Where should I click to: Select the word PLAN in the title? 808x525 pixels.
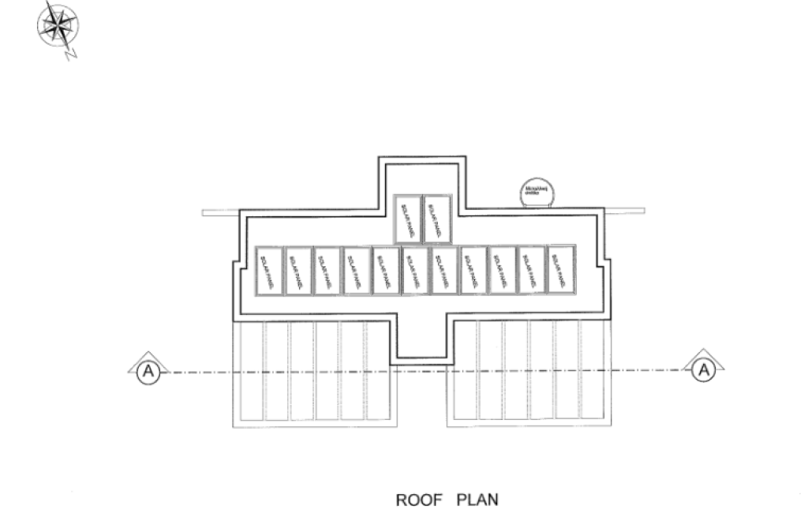[x=477, y=500]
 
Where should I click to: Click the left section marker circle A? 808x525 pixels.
[x=145, y=371]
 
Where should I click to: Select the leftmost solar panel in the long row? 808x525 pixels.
[x=269, y=271]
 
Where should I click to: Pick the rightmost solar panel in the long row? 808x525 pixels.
[x=561, y=271]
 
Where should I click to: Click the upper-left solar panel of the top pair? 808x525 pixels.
[x=408, y=219]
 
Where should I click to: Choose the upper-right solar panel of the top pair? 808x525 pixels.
[x=436, y=219]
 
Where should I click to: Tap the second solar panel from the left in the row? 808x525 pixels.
[x=298, y=271]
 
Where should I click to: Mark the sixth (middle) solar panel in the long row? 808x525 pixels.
[x=415, y=271]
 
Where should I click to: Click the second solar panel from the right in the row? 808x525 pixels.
[x=532, y=271]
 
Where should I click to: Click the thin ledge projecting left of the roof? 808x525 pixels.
[x=219, y=212]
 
